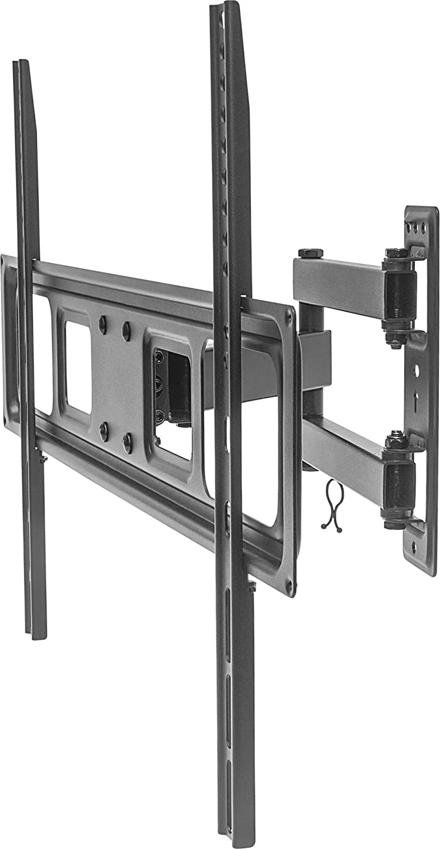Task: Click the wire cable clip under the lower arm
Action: [332, 505]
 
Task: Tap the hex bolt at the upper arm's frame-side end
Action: [310, 253]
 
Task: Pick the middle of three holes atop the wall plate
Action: [417, 227]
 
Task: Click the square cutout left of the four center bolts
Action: [78, 367]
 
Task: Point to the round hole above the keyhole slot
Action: [416, 370]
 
